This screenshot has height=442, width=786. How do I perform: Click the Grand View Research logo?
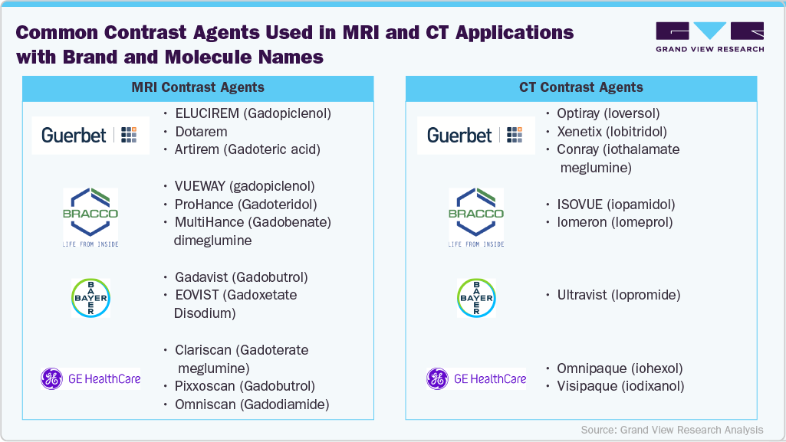point(709,37)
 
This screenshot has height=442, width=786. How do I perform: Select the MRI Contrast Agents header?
point(198,88)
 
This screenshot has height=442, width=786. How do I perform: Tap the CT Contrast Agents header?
point(580,88)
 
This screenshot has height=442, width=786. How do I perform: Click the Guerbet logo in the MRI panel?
point(90,136)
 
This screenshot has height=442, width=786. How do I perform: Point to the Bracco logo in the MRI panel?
point(90,217)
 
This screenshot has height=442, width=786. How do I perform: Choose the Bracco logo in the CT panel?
point(476,217)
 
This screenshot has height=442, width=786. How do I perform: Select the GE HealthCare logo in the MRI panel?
point(90,378)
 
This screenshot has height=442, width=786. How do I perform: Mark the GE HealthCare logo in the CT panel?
point(476,378)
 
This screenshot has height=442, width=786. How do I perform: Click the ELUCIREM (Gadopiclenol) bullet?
point(253,113)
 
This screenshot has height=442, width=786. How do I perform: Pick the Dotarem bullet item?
point(201,132)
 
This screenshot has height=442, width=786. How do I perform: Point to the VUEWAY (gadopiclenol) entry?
point(245,186)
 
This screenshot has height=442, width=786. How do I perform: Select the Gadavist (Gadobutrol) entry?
point(241,277)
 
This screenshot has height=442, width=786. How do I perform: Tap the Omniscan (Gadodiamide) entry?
point(252,404)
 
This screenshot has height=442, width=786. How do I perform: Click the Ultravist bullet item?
point(619,295)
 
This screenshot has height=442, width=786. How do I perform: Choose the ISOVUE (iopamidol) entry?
point(616,205)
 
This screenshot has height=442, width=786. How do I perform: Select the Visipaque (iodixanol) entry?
point(620,386)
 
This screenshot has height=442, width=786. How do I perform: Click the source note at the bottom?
point(672,430)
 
